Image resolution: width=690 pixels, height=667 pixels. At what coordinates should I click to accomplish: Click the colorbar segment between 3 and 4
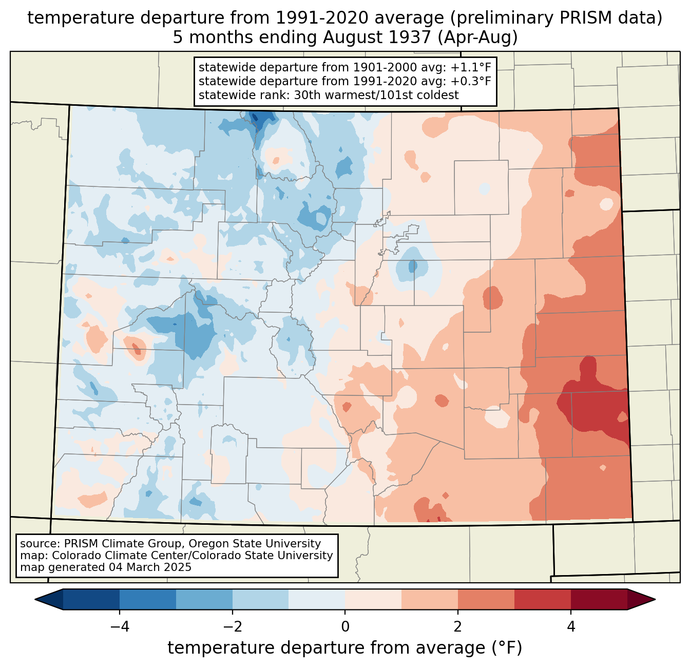click(x=543, y=599)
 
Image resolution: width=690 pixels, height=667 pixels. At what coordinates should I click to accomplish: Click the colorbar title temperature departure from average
click(x=345, y=648)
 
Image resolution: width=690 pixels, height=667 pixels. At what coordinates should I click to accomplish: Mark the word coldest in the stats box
click(x=440, y=95)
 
